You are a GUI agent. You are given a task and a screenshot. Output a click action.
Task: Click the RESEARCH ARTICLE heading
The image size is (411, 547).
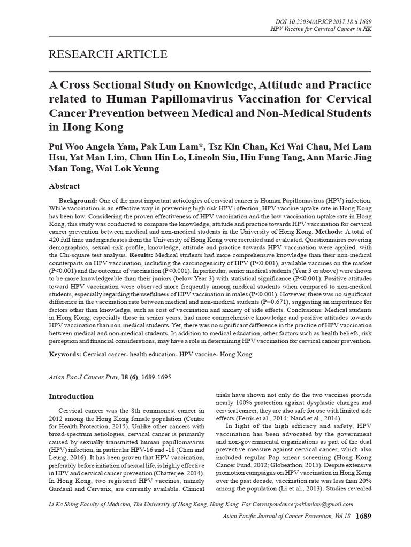coord(108,54)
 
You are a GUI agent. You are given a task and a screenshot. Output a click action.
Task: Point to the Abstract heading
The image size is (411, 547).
coord(64,186)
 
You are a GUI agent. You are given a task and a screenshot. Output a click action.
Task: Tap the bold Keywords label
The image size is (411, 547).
coord(65,354)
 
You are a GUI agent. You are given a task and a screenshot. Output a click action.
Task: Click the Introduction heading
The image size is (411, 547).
coord(71,397)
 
